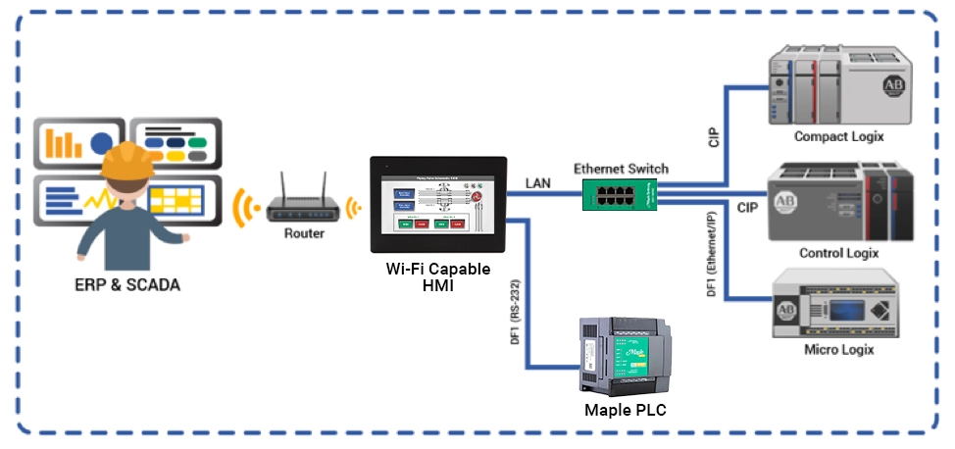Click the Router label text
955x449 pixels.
303,233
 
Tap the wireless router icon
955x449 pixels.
303,202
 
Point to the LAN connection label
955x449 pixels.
538,183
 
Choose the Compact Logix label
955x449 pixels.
838,136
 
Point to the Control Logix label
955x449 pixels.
838,253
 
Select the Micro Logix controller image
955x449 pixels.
835,307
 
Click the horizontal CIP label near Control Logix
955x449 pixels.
746,207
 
